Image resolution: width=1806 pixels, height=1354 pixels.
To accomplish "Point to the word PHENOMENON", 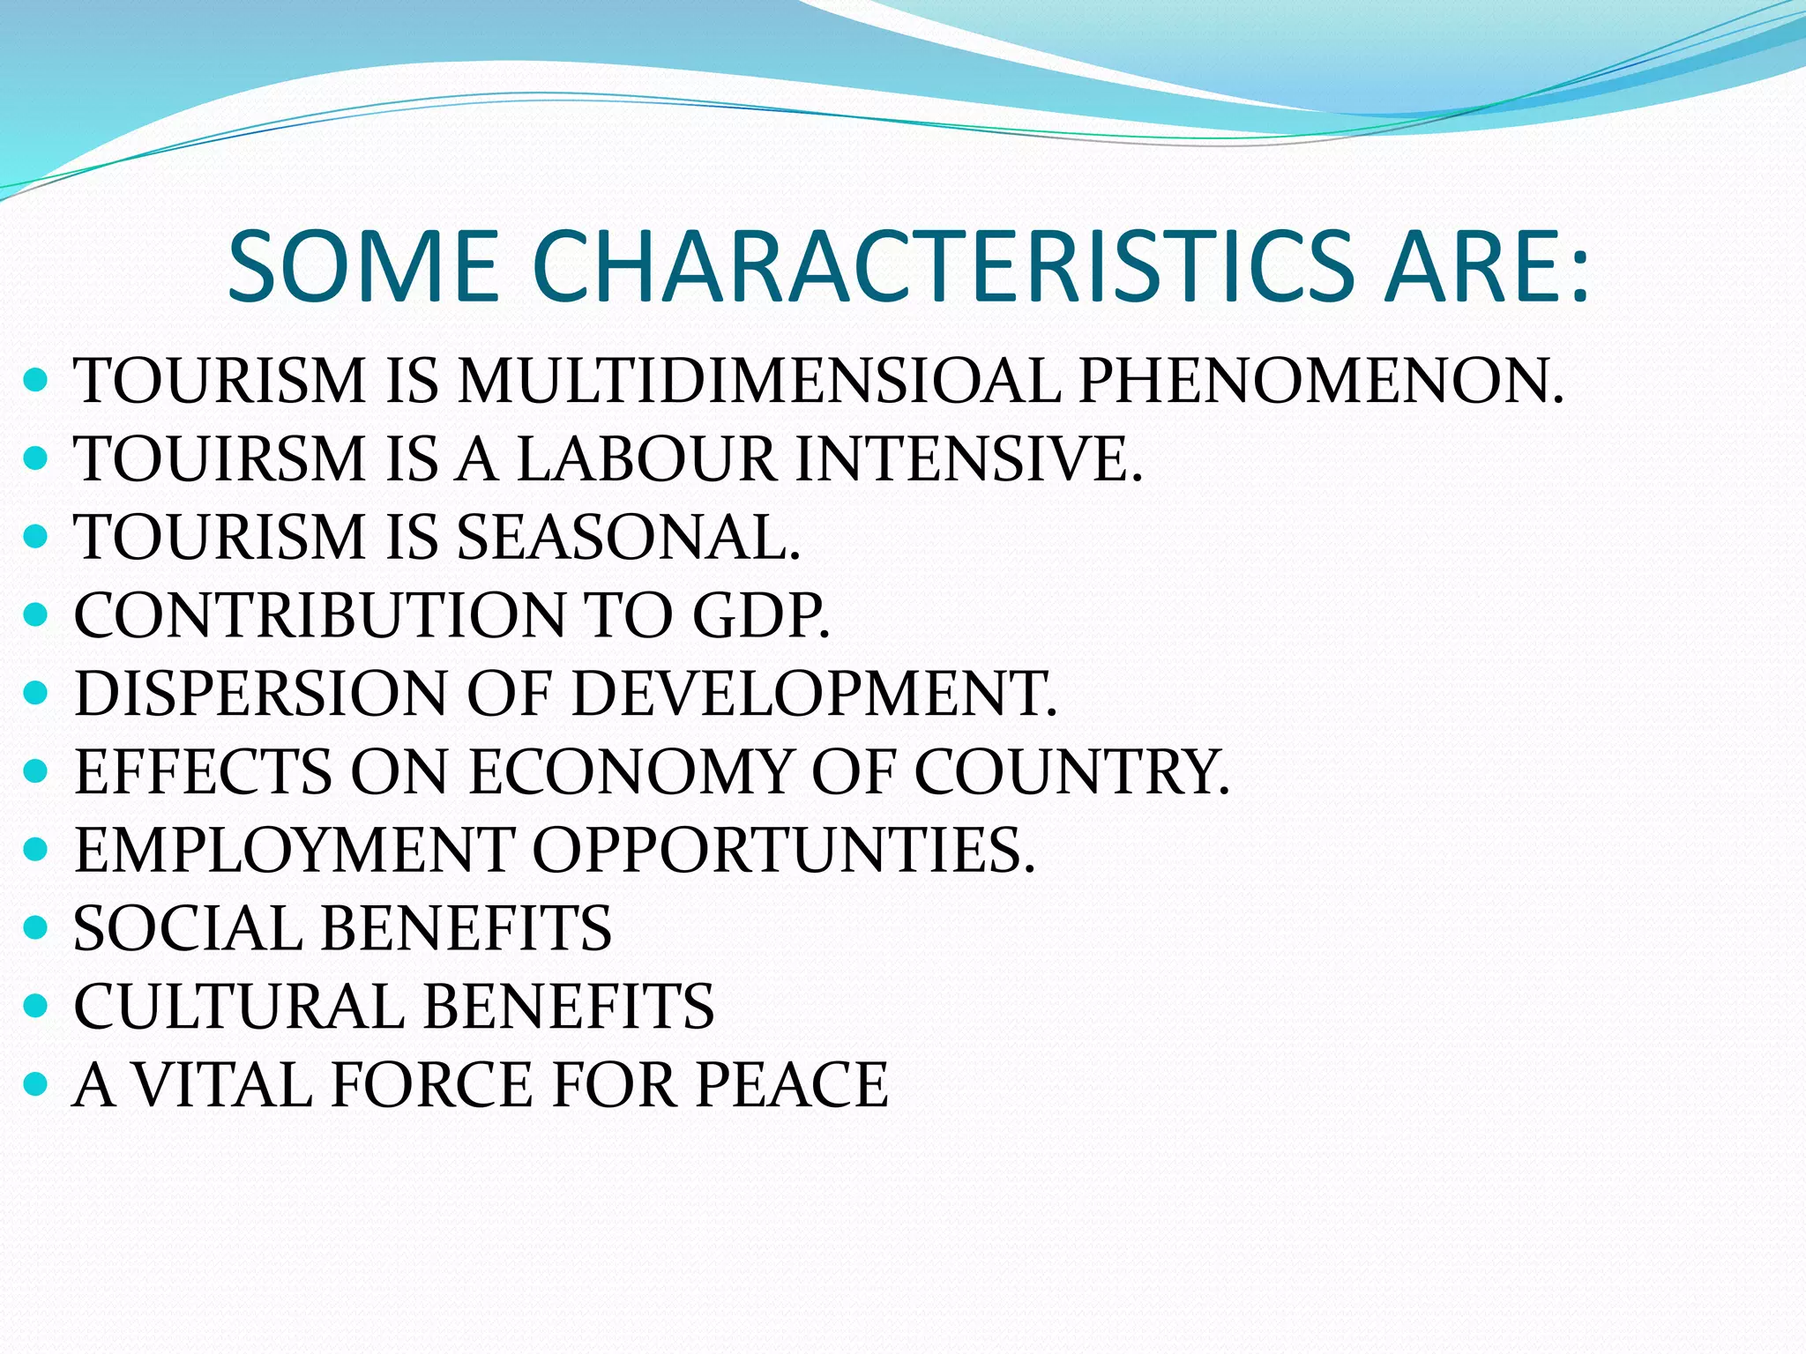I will (1321, 381).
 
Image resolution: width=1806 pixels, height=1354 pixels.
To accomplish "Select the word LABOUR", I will (646, 459).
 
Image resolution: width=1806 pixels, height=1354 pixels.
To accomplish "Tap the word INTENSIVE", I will (968, 459).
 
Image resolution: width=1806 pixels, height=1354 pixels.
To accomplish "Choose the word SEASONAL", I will (629, 537).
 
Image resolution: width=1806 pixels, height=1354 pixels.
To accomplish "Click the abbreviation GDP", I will (760, 615).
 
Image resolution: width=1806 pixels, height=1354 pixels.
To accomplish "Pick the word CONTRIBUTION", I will (319, 615).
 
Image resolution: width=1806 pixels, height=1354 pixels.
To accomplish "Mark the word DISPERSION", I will (261, 694).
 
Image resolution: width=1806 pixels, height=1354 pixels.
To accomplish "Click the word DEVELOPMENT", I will (813, 694).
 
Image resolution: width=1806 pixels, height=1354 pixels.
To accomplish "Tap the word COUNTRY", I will (1071, 772).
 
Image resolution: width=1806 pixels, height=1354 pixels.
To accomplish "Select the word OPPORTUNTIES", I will (783, 851).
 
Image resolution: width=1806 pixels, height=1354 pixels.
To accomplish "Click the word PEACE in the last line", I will (791, 1084).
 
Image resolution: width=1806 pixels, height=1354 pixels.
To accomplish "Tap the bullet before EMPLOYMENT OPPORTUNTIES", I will (35, 850).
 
